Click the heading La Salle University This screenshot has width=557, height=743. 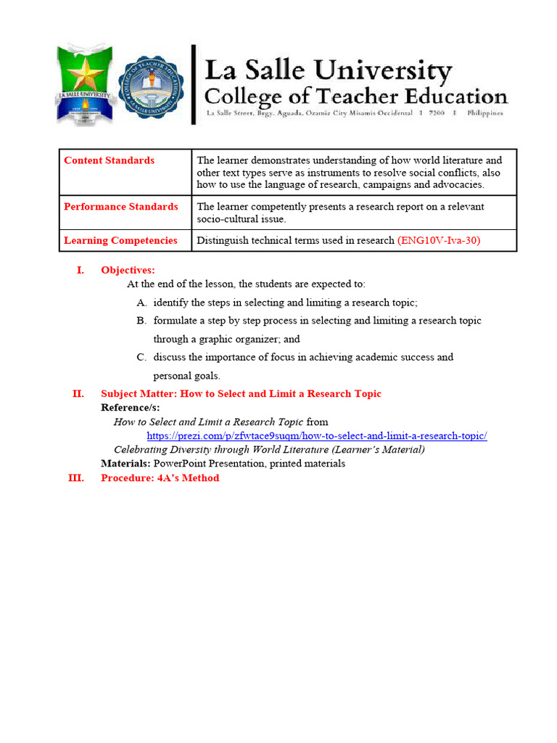pos(329,72)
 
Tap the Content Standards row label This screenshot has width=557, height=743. pos(109,160)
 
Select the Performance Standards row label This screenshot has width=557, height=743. pos(120,207)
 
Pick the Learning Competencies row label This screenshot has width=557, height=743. pos(120,240)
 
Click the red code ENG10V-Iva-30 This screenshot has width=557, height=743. pos(439,240)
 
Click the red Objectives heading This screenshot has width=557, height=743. pos(128,270)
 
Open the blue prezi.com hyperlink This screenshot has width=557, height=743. pos(316,435)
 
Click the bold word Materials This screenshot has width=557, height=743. pos(125,463)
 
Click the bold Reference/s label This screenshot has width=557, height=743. pos(130,408)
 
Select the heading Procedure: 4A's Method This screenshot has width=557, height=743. pos(160,477)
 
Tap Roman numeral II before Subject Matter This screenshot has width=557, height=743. pos(78,393)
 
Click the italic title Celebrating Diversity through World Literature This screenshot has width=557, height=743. pos(269,449)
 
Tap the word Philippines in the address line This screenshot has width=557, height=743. pos(484,113)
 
